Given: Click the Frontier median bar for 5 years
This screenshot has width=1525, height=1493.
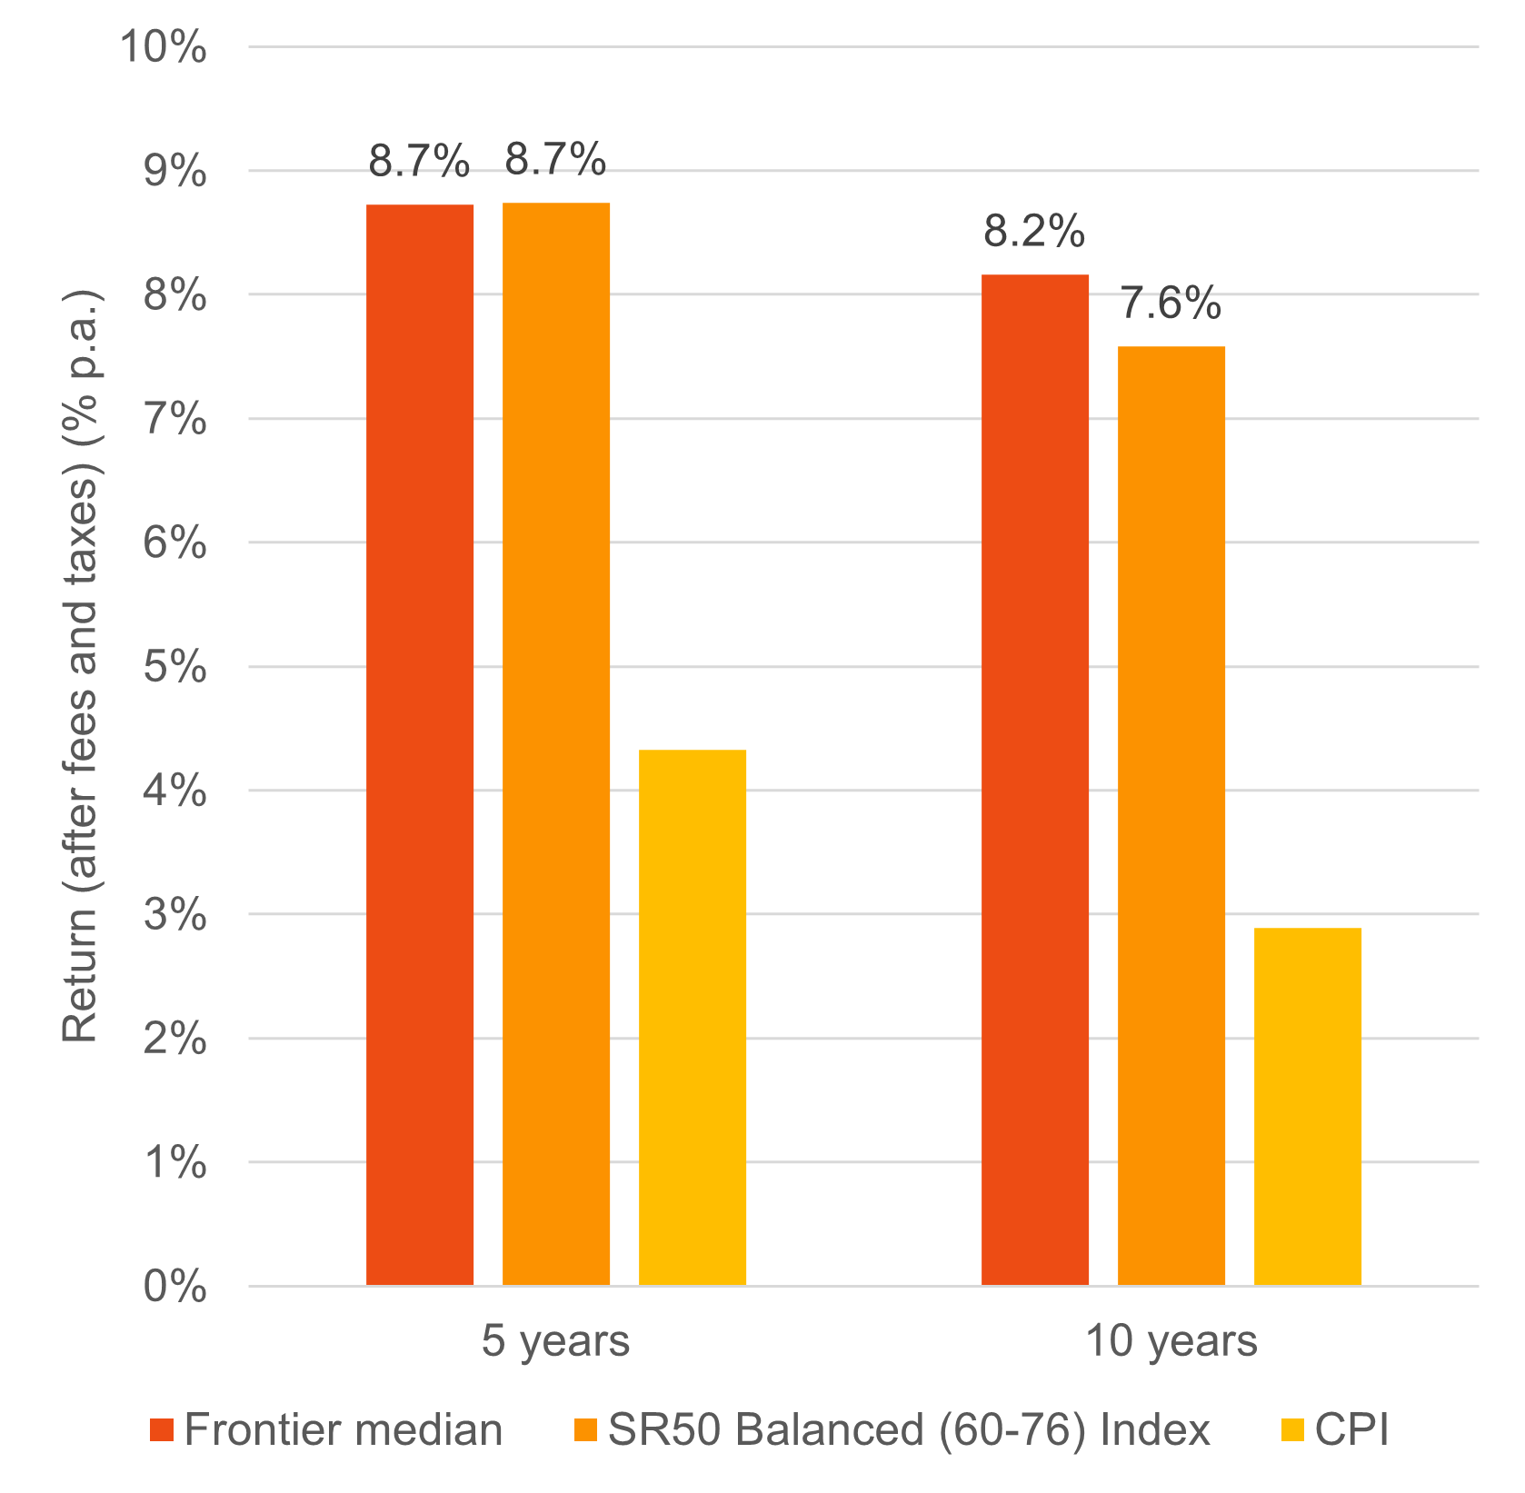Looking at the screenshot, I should click(x=420, y=744).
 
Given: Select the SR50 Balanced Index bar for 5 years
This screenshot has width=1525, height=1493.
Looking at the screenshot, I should click(x=556, y=744).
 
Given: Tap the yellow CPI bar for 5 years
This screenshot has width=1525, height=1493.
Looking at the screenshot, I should click(x=693, y=1017).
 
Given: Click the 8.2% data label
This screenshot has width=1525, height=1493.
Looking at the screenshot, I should click(x=1034, y=232).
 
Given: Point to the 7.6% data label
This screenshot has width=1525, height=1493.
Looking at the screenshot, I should click(x=1171, y=304).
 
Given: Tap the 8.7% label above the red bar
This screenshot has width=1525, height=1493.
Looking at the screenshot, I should click(x=419, y=162).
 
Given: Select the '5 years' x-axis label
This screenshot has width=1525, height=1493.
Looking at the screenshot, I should click(x=555, y=1341).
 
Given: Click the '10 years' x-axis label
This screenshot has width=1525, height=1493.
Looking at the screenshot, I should click(x=1171, y=1341).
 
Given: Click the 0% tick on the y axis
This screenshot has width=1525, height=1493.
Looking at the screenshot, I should click(x=174, y=1287).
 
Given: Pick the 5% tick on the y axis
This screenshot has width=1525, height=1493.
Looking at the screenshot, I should click(x=174, y=667).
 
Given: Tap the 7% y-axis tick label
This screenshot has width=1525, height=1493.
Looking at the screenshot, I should click(x=174, y=419).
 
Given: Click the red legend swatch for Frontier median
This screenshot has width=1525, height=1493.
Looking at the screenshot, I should click(x=162, y=1430).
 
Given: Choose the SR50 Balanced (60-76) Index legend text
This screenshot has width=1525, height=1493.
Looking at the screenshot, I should click(x=909, y=1430).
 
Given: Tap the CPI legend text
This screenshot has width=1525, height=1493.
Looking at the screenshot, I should click(x=1351, y=1430).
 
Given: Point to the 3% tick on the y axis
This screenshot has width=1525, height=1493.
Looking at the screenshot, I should click(x=174, y=915).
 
